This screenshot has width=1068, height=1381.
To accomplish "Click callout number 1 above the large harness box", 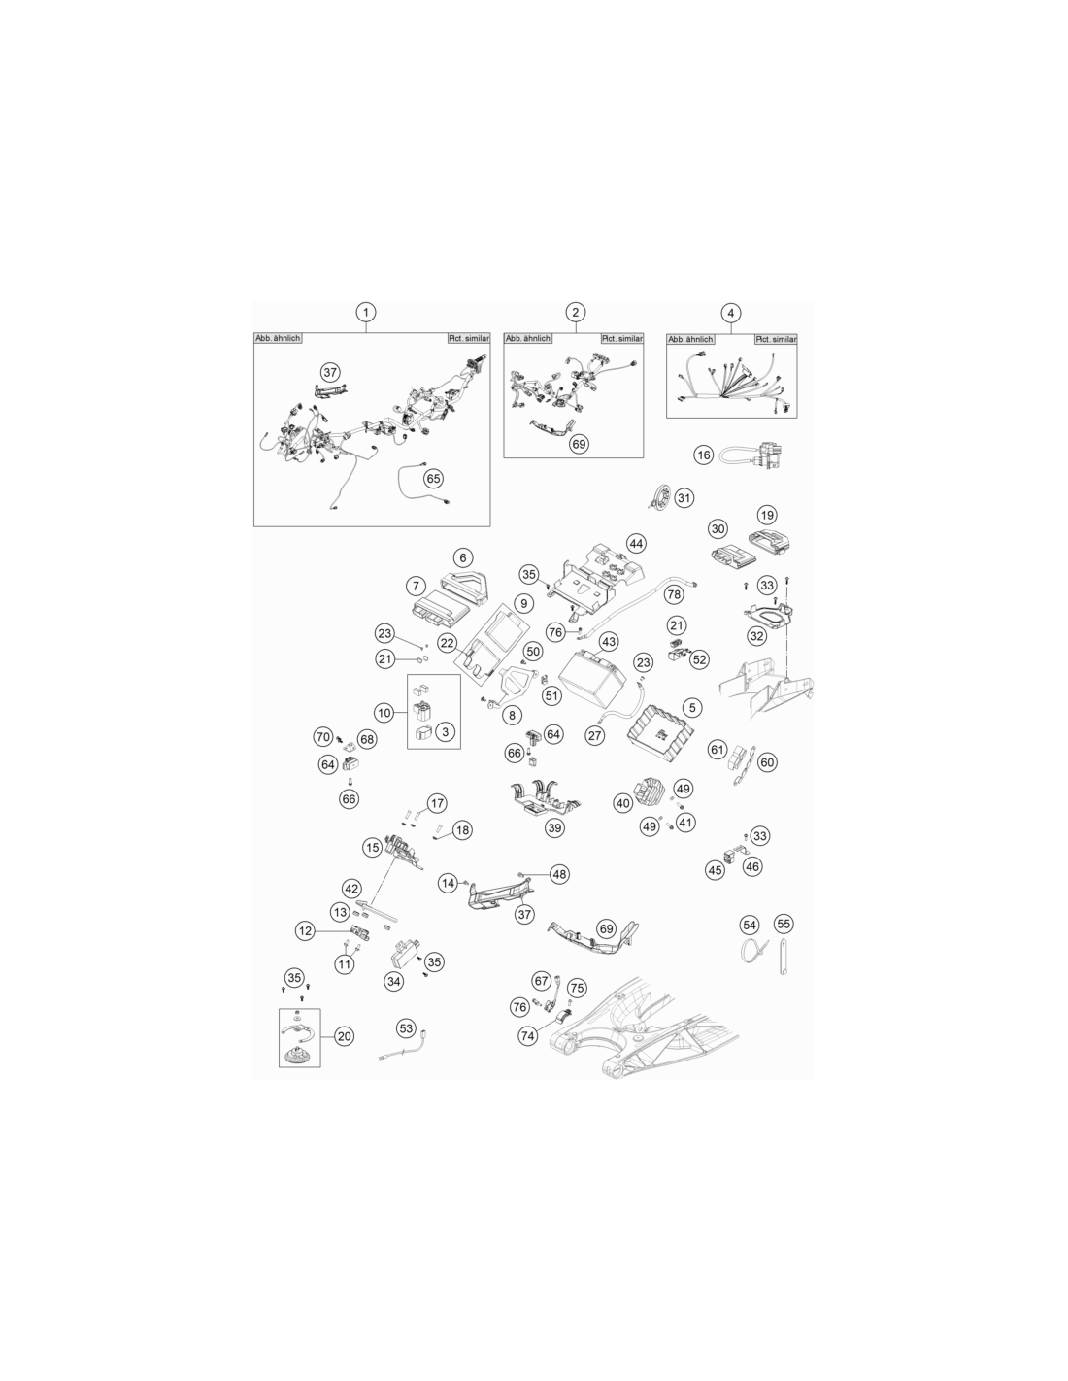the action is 366,312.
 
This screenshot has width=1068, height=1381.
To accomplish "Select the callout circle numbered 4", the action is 731,313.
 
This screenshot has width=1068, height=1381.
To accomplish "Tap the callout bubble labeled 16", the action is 703,455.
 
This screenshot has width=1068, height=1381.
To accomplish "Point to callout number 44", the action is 636,544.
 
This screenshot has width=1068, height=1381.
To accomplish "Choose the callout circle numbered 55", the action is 784,924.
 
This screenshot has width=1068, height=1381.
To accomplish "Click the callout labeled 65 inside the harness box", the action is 433,479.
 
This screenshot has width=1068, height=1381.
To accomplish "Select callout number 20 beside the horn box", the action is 344,1036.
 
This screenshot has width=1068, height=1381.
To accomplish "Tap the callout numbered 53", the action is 406,1028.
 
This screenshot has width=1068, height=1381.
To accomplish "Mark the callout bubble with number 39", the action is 554,827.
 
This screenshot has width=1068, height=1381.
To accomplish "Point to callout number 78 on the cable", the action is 674,595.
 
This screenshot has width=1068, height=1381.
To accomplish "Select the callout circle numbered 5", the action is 692,707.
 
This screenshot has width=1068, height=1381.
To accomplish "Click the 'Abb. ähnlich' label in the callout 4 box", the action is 690,339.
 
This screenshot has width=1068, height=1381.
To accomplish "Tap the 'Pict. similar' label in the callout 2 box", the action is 622,339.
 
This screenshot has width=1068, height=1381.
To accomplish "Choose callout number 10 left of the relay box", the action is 384,713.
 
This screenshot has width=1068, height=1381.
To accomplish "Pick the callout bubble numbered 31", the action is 684,497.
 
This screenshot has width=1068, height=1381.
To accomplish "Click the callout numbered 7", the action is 416,586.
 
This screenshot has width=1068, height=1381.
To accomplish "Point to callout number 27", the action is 594,735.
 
